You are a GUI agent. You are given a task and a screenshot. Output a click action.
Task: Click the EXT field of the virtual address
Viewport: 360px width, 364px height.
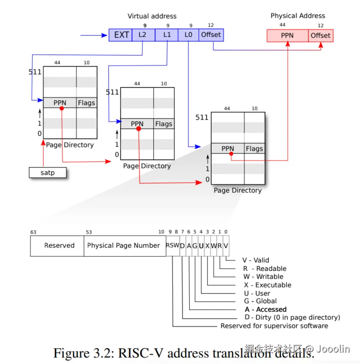[121, 35]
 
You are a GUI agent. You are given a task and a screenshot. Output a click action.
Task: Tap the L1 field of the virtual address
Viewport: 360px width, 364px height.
[167, 35]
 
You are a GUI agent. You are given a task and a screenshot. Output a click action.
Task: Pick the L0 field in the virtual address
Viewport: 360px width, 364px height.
[188, 35]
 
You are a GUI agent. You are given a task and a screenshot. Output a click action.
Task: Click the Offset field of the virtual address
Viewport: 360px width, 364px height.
[211, 35]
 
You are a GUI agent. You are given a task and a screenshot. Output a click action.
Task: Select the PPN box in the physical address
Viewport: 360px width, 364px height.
[287, 36]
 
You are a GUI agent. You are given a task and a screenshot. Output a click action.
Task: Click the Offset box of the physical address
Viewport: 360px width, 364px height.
[320, 36]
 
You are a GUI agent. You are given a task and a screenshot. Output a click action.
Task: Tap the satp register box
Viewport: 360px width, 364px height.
[48, 173]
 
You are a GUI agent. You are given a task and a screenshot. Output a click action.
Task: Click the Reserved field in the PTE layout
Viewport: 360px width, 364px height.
[59, 245]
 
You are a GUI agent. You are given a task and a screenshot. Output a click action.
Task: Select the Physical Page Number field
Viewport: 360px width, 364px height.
[123, 245]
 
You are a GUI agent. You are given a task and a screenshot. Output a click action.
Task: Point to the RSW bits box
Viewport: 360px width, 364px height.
[173, 245]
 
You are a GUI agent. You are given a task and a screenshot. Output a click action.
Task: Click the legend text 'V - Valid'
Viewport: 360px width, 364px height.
[256, 260]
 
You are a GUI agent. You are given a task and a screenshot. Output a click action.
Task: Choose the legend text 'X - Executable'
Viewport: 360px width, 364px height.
[268, 285]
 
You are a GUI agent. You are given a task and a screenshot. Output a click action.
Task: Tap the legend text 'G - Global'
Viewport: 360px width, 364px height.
[260, 301]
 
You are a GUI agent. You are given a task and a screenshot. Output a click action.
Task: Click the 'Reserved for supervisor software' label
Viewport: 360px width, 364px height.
[274, 326]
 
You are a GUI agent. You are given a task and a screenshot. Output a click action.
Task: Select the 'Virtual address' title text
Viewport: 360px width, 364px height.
[152, 16]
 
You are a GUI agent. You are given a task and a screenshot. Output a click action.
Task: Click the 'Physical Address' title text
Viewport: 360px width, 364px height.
[298, 16]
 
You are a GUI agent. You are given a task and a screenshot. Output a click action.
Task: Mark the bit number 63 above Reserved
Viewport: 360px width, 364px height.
[34, 232]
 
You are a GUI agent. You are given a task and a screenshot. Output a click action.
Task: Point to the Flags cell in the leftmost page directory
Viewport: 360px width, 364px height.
[86, 103]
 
